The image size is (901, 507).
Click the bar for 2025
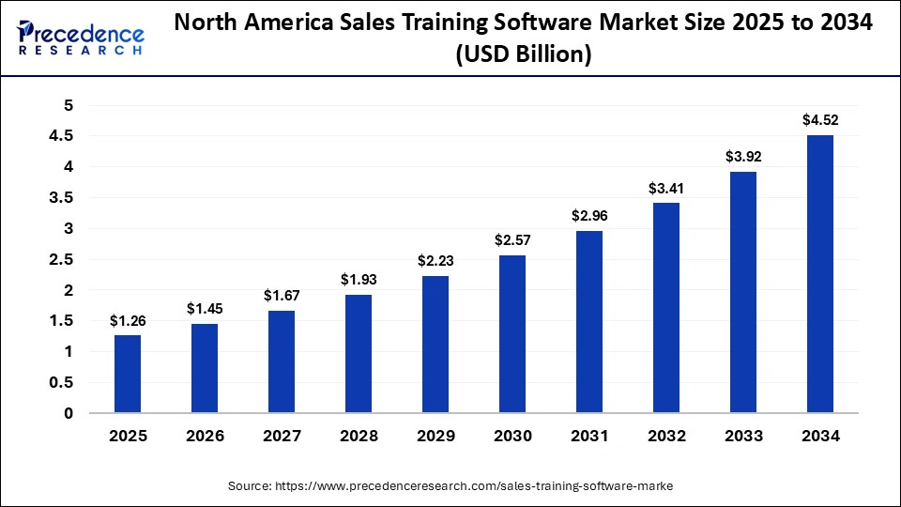pos(128,374)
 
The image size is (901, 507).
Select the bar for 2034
pos(819,274)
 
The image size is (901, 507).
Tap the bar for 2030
pos(512,334)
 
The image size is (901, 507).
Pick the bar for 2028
pos(359,354)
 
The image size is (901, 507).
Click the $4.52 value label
pos(819,119)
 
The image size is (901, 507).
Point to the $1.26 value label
pos(128,320)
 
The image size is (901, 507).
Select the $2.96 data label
pos(588,215)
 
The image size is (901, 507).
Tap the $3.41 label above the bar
pos(665,188)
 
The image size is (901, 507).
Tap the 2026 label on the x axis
pos(205,436)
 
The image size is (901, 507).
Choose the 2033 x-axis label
pos(742,436)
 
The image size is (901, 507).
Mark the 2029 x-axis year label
pos(435,436)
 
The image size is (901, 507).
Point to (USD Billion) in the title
pos(523,55)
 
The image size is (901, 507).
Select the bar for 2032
pos(665,308)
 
